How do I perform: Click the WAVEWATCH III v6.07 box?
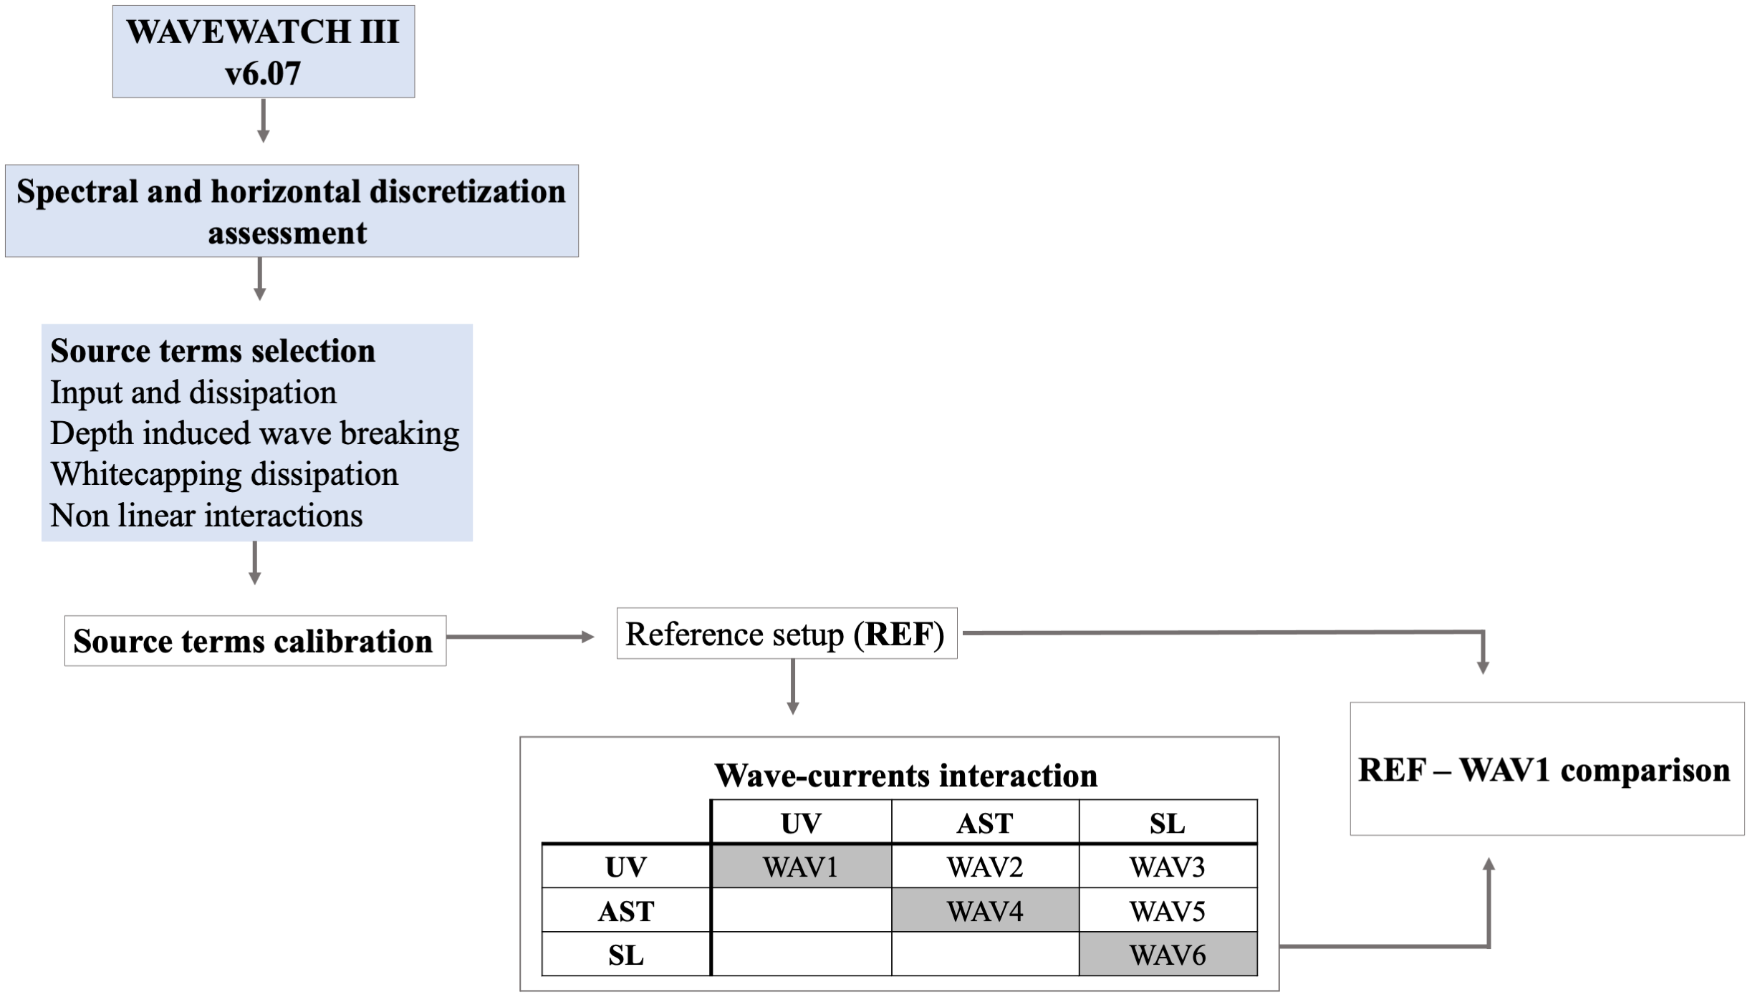click(x=263, y=52)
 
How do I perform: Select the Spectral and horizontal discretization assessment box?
click(x=291, y=211)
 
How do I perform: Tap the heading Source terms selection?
click(x=213, y=351)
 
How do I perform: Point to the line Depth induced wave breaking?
click(x=254, y=433)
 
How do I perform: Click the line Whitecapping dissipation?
click(x=224, y=474)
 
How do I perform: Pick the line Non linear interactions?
click(x=206, y=516)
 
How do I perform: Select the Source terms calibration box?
click(x=254, y=641)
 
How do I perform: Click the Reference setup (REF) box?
click(x=786, y=634)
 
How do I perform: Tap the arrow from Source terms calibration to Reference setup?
click(x=520, y=637)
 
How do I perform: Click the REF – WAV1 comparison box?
click(x=1546, y=769)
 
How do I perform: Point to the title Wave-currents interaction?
click(x=905, y=776)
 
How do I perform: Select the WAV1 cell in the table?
click(x=801, y=867)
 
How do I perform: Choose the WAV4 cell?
click(x=985, y=911)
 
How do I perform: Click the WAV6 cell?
click(x=1168, y=955)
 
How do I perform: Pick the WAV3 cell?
click(x=1168, y=867)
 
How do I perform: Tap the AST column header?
click(x=985, y=824)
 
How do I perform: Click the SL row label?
click(x=625, y=955)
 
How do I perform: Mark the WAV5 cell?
click(x=1168, y=911)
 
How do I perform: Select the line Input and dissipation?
click(x=193, y=392)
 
